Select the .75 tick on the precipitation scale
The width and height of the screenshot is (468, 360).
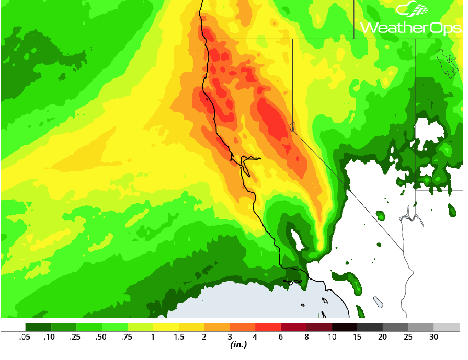[x=127, y=337]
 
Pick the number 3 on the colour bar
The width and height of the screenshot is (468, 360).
[x=230, y=337]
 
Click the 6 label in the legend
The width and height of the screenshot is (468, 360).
[x=281, y=337]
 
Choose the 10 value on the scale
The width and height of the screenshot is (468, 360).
[x=332, y=337]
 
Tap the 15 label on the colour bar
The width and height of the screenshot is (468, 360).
[x=357, y=337]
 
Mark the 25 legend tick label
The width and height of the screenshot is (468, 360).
[x=408, y=337]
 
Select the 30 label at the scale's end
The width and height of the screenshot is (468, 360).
[x=433, y=337]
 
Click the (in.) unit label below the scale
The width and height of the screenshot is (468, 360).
[x=238, y=345]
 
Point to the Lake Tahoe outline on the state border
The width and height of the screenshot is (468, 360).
[x=292, y=126]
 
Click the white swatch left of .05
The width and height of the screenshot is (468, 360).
[x=13, y=328]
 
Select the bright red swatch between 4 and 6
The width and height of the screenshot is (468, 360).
[x=268, y=328]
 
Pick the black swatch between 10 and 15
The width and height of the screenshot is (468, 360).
[x=345, y=328]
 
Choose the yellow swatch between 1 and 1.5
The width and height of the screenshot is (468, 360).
[x=166, y=328]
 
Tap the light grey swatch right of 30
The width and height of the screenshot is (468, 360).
[x=447, y=328]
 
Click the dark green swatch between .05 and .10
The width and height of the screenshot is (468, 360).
[x=38, y=328]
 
